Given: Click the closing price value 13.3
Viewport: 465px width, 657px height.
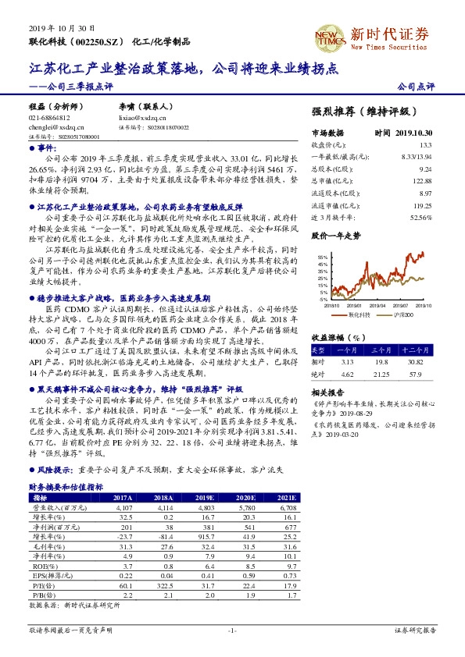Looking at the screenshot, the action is point(425,145).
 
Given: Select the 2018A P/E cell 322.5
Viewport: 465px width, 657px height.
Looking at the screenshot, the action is point(163,585).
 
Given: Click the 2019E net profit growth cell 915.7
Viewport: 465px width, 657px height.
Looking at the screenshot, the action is point(206,535).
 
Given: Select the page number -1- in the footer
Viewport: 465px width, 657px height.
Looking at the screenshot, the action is point(232,630).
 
